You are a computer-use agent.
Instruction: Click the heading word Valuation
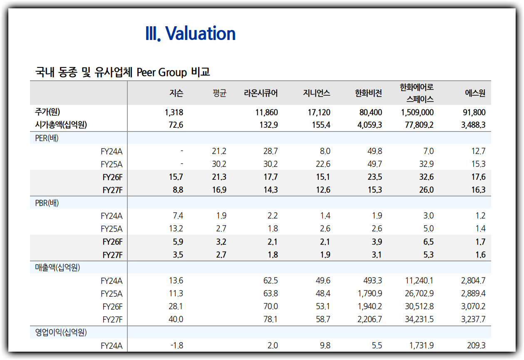click(201, 34)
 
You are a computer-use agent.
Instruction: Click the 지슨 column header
click(176, 93)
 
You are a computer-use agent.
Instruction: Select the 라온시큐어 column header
click(261, 93)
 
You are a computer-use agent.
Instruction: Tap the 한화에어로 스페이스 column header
click(417, 93)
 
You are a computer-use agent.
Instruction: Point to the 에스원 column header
click(475, 93)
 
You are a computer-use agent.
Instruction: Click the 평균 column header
click(219, 93)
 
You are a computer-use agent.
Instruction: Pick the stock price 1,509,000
click(417, 112)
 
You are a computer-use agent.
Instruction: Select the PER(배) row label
click(47, 138)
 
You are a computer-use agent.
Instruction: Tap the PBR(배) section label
click(47, 203)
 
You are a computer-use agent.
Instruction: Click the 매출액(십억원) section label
click(57, 268)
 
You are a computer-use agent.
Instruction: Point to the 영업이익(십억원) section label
click(61, 333)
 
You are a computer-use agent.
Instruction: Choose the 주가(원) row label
click(50, 112)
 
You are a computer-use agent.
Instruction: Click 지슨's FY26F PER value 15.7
click(176, 177)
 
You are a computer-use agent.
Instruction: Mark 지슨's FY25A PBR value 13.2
click(176, 229)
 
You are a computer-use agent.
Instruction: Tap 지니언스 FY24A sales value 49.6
click(323, 281)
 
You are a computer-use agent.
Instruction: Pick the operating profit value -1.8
click(177, 345)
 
